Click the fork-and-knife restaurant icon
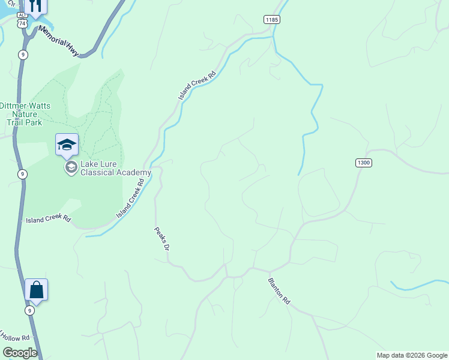(x=37, y=7)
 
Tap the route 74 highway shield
(x=22, y=23)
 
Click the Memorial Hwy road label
(x=58, y=40)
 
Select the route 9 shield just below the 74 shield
(x=22, y=55)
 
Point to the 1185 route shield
(x=271, y=20)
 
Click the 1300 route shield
(x=364, y=163)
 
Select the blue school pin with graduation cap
(x=67, y=145)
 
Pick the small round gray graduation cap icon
(x=71, y=167)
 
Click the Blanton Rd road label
(x=279, y=290)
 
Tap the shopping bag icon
(x=36, y=290)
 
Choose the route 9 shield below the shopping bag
(x=29, y=310)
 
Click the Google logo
(x=20, y=353)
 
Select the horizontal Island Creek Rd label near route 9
(x=48, y=220)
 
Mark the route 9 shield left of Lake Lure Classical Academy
(x=22, y=175)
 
